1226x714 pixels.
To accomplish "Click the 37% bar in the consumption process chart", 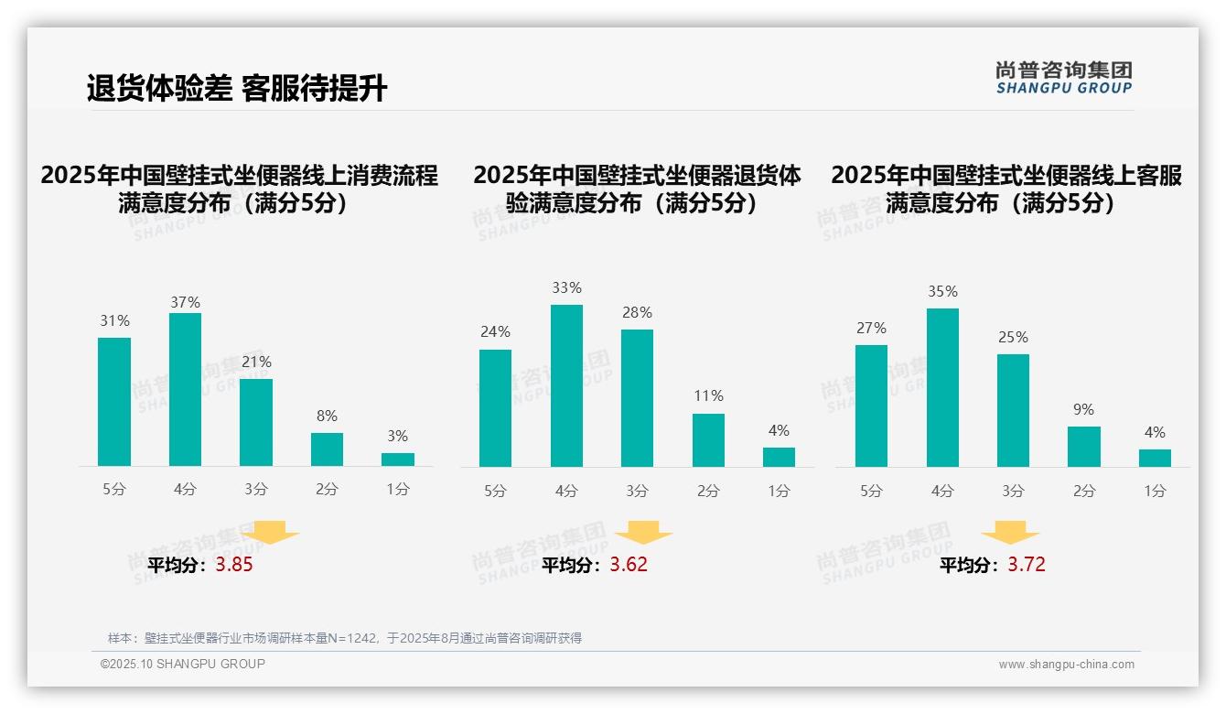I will [x=185, y=389].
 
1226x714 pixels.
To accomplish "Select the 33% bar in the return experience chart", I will [x=566, y=385].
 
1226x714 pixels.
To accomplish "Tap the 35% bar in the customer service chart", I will [x=942, y=387].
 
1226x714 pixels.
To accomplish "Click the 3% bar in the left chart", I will [x=398, y=460].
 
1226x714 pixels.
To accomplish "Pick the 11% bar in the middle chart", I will [x=708, y=440].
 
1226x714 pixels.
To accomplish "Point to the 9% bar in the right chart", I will [x=1084, y=447].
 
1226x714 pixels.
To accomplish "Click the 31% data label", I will [x=114, y=321].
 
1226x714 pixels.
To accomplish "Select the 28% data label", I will [x=638, y=313].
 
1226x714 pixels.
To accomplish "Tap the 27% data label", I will [x=872, y=329].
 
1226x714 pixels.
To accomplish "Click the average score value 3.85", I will [x=234, y=565].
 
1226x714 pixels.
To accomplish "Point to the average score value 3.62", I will [x=629, y=565].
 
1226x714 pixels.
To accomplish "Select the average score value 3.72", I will [x=1027, y=565].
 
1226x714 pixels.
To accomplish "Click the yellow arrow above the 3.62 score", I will [x=644, y=533].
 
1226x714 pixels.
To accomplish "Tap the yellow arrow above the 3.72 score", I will [x=1010, y=533].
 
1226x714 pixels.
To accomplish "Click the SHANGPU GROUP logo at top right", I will [x=1064, y=78].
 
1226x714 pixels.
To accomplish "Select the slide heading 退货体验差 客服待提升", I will [x=237, y=88].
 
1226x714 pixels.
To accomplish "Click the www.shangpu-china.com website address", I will [x=1066, y=665].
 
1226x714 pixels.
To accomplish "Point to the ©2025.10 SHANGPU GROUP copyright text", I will [x=183, y=664].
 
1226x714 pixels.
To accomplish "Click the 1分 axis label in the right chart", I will [x=1155, y=492].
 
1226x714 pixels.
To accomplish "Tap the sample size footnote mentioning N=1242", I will [x=345, y=638].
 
